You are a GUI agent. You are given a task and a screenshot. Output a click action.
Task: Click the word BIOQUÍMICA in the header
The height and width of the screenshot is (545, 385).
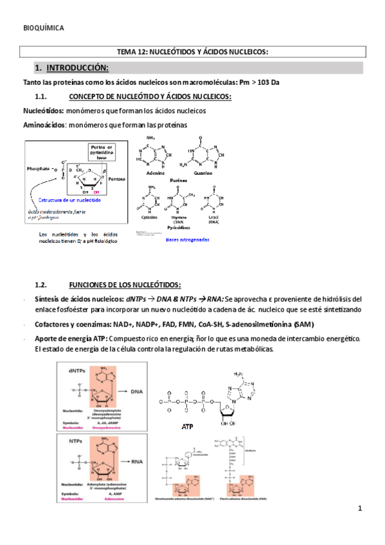[x=43, y=28]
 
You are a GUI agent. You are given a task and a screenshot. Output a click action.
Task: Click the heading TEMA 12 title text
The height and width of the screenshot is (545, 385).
[x=192, y=52]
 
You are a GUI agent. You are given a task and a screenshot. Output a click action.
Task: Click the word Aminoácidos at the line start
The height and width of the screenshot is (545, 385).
[x=44, y=125]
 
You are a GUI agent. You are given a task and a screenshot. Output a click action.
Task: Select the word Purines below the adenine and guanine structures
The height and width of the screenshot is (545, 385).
[x=179, y=181]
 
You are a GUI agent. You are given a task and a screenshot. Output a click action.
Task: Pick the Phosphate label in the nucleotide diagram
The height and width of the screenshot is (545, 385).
[x=39, y=168]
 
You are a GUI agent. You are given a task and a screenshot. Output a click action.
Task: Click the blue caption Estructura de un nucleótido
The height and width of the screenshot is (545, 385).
[x=71, y=201]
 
